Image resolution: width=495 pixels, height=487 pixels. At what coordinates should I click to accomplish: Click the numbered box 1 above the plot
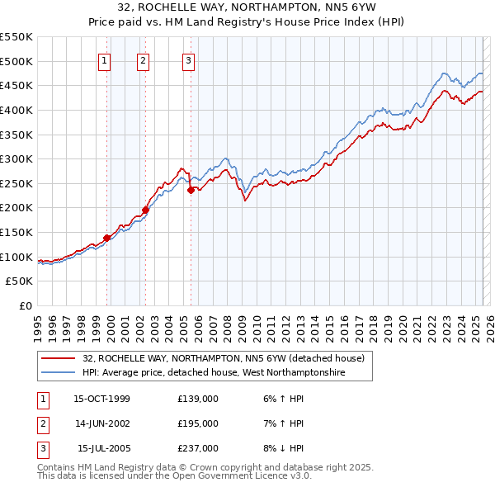click(106, 59)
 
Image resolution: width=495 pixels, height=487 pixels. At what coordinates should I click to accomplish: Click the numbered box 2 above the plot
click(144, 59)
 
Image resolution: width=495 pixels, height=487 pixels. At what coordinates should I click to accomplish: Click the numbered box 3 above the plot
click(188, 59)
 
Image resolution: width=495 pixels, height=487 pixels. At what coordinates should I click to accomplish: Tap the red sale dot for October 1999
click(107, 238)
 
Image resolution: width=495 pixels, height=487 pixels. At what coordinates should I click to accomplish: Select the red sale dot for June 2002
click(146, 210)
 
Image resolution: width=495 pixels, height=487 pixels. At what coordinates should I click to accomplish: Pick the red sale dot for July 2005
click(191, 189)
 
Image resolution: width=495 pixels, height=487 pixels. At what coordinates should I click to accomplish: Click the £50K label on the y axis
click(20, 281)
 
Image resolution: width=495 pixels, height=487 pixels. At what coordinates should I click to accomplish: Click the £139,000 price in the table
click(198, 399)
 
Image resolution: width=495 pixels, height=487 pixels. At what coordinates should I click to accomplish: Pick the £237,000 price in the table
click(198, 448)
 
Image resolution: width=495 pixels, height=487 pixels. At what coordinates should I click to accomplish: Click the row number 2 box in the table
click(41, 423)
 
